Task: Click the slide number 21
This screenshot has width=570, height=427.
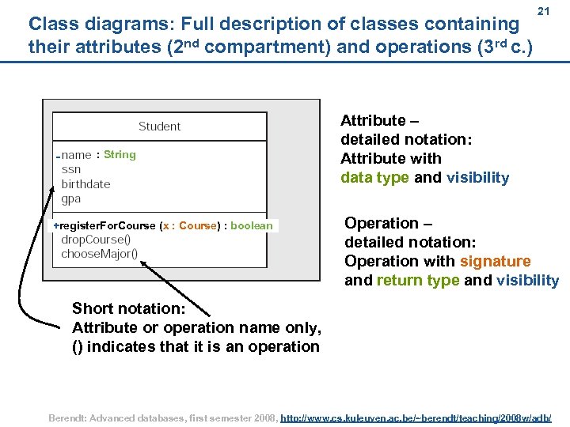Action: tap(543, 12)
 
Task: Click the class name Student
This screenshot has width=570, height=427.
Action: tap(159, 127)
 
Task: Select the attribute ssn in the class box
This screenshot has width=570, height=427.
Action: tap(71, 169)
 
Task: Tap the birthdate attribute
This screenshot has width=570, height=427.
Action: tap(85, 184)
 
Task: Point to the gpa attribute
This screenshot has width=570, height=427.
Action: tap(71, 199)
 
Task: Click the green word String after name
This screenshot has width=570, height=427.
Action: tap(120, 155)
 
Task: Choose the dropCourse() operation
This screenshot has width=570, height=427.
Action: tap(96, 240)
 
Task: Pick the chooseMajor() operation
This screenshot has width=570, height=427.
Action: tap(99, 254)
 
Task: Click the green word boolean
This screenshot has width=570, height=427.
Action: tap(251, 226)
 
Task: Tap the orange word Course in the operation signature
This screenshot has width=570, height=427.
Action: tap(198, 226)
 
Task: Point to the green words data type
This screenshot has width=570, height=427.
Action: tap(375, 178)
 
